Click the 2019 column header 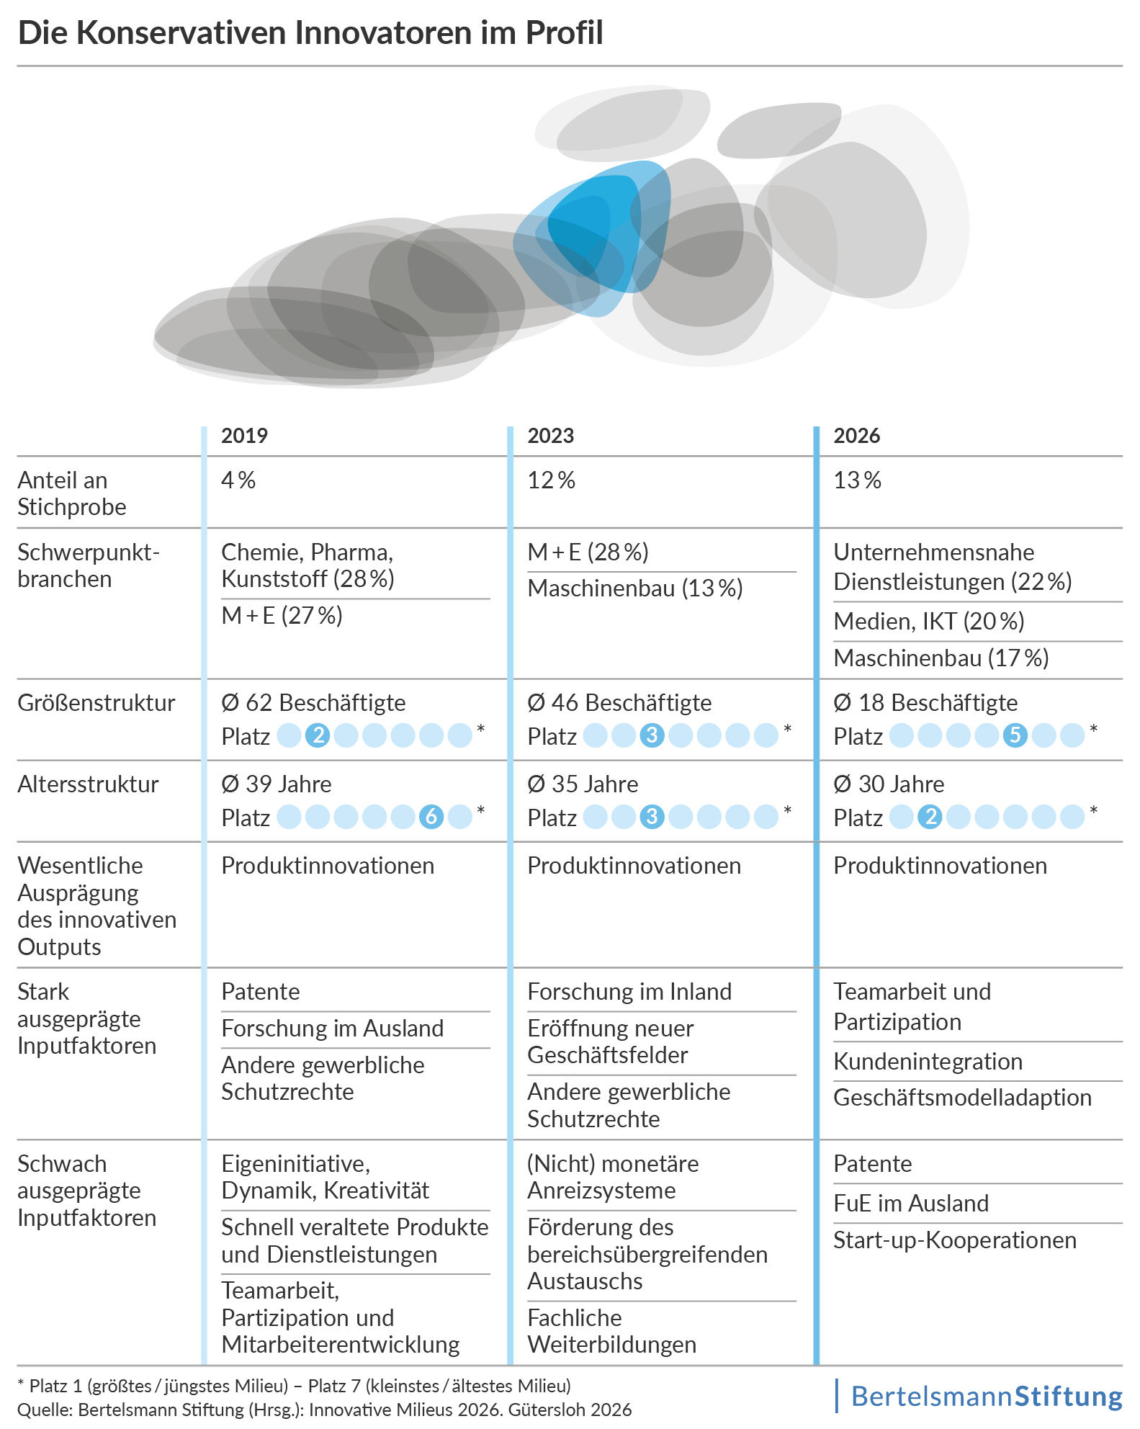[244, 436]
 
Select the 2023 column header [550, 436]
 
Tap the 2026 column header [856, 436]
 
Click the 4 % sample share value [238, 480]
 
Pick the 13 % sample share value [857, 480]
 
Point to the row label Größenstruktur [97, 703]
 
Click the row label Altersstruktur [88, 784]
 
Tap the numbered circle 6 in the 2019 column [431, 817]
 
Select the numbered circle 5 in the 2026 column [1015, 735]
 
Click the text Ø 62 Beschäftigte [313, 703]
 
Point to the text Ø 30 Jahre [889, 784]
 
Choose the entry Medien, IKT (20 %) [928, 622]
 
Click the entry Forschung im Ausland [332, 1029]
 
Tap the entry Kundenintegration [928, 1062]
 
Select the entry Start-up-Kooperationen [954, 1240]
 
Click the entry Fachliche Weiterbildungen [611, 1331]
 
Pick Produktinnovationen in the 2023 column [634, 866]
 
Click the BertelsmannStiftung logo [986, 1396]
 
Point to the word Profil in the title [564, 33]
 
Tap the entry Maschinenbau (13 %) [634, 588]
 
